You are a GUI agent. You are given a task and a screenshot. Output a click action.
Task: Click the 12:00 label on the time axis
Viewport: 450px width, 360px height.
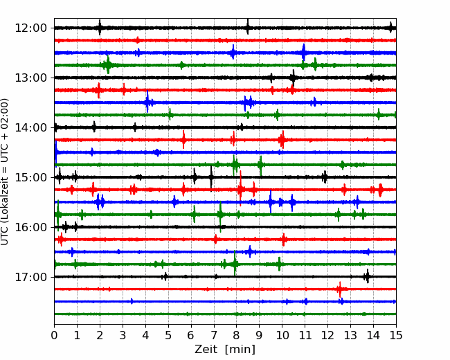click(x=30, y=28)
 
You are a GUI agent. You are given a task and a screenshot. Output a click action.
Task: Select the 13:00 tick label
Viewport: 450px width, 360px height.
click(x=30, y=78)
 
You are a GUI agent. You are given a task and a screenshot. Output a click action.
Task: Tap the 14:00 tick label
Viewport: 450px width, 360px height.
click(x=30, y=127)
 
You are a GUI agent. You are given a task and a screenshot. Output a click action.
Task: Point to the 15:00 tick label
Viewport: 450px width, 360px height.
click(x=30, y=177)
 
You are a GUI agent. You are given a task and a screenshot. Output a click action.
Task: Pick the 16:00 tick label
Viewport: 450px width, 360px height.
click(x=30, y=227)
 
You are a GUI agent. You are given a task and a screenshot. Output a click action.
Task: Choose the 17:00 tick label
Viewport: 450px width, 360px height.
click(x=30, y=277)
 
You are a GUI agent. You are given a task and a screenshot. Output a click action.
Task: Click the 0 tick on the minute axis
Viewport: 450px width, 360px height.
click(x=54, y=335)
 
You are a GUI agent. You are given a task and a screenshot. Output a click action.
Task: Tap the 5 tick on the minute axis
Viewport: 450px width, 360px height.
click(x=168, y=335)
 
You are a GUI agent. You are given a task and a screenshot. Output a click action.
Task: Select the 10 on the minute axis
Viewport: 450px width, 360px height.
click(x=282, y=335)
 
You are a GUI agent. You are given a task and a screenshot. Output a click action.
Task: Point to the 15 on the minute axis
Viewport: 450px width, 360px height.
click(x=396, y=335)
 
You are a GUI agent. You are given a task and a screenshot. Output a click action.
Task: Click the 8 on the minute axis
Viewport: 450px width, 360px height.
click(x=237, y=335)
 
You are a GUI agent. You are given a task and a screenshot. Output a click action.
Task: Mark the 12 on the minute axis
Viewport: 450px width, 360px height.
click(x=327, y=335)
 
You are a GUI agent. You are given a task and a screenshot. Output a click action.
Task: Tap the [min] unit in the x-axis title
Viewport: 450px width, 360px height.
click(x=240, y=350)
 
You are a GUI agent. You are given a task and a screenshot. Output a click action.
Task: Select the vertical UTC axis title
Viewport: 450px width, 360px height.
click(x=5, y=172)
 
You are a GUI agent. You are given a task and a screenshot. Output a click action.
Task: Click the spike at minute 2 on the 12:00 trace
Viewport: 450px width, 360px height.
click(x=100, y=28)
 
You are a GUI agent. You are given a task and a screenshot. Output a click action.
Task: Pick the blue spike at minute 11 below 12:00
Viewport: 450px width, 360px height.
click(x=304, y=53)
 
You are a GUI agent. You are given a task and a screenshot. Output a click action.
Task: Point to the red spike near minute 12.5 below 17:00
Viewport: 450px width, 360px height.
click(x=340, y=289)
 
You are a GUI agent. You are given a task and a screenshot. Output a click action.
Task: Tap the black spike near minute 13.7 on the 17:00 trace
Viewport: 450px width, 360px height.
click(x=368, y=276)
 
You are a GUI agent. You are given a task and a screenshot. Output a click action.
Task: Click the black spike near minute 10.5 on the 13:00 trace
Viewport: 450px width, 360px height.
click(x=293, y=78)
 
